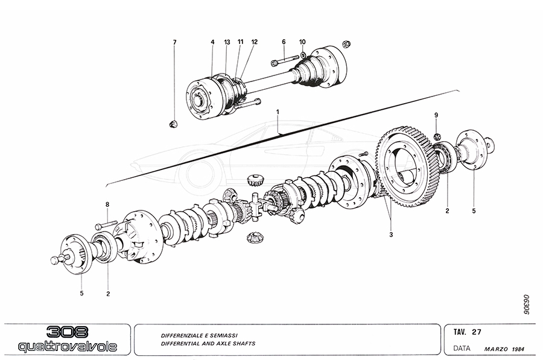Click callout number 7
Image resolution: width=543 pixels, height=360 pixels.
click(x=175, y=42)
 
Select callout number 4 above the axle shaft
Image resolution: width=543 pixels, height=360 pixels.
click(x=212, y=42)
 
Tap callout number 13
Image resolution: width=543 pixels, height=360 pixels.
click(x=227, y=42)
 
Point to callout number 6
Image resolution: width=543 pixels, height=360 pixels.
click(x=283, y=42)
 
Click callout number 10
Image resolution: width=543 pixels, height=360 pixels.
click(x=302, y=42)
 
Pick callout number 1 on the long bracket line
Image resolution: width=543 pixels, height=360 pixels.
click(x=278, y=112)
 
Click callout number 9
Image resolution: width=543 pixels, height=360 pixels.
click(x=438, y=115)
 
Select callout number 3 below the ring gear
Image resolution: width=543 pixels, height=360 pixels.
click(x=391, y=234)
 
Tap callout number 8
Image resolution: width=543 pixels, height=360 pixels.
click(x=107, y=205)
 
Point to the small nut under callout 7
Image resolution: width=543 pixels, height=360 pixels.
click(x=173, y=124)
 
